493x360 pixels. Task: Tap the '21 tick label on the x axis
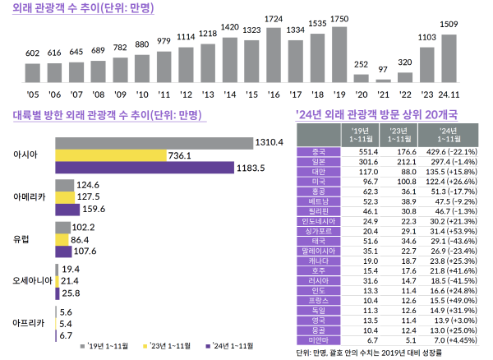[383, 95]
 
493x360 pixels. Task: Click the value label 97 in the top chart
[383, 68]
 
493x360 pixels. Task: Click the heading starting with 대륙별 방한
[107, 115]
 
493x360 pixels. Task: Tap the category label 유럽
[22, 239]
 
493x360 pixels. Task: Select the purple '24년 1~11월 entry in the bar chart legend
[235, 346]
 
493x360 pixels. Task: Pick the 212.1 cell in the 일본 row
[400, 163]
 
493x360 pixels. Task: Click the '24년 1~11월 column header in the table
[448, 136]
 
